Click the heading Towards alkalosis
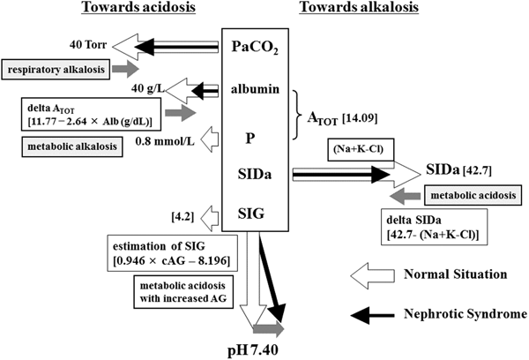point(356,10)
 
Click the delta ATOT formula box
point(85,113)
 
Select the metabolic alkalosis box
point(67,146)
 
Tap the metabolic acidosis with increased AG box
point(181,291)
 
